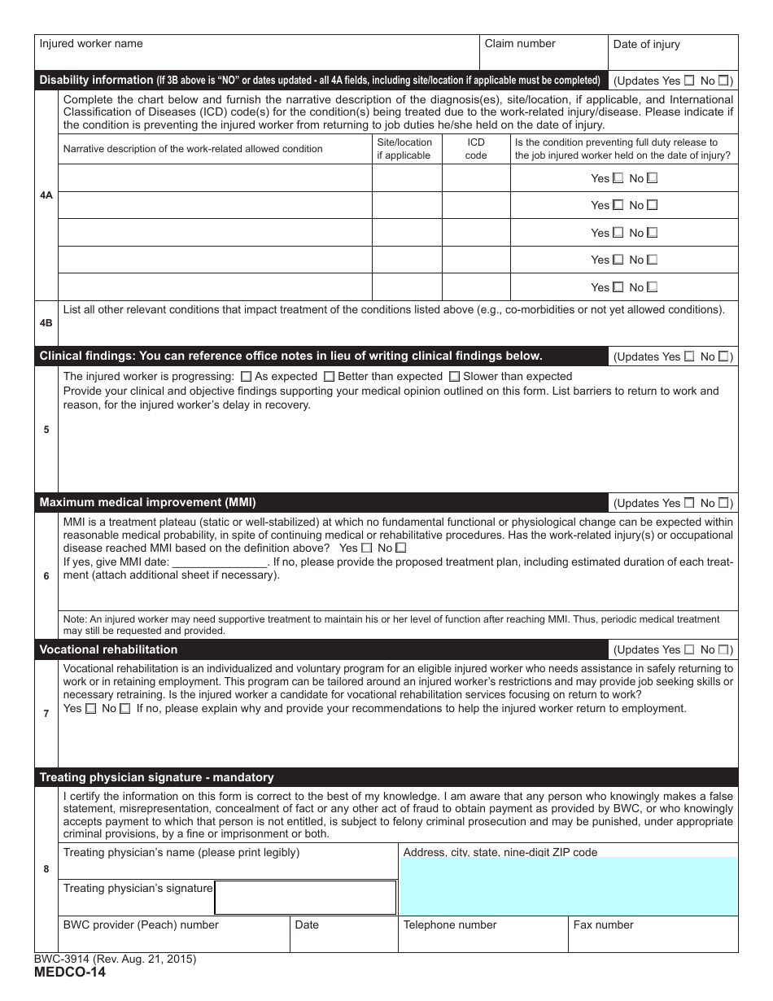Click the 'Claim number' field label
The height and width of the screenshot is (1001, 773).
coord(520,44)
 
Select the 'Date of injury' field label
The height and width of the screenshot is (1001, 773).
coord(646,45)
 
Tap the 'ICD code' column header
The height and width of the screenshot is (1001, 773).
coord(476,149)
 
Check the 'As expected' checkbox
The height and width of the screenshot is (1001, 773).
coord(247,377)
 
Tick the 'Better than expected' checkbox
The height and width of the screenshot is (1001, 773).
coord(329,377)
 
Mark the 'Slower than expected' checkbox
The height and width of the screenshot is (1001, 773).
coord(454,377)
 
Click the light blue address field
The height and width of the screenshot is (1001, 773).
coord(568,887)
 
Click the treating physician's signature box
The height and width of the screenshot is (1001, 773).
coord(305,897)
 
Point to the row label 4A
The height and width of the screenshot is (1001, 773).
coord(46,195)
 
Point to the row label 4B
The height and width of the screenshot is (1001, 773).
coord(46,323)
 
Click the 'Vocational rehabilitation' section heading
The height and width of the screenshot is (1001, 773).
coord(108,649)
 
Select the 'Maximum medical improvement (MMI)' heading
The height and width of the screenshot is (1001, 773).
coord(147,502)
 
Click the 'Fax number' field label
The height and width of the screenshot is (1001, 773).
coord(603,925)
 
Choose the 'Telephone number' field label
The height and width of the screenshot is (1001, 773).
coord(450,925)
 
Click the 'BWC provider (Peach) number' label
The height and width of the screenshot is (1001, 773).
coord(141,925)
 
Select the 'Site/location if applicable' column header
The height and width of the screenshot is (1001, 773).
coord(404,149)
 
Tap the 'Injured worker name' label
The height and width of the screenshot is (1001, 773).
coord(91,44)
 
